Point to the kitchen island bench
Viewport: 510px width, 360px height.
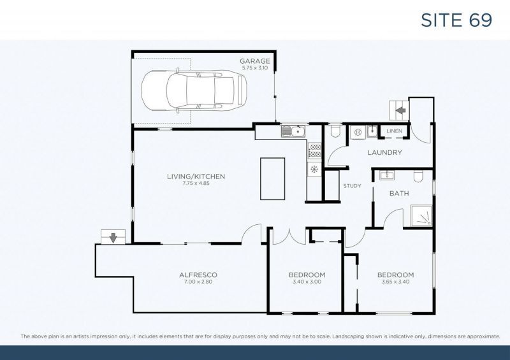pyautogui.click(x=272, y=178)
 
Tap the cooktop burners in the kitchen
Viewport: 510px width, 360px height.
pyautogui.click(x=314, y=151)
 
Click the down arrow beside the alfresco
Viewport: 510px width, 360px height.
pyautogui.click(x=113, y=238)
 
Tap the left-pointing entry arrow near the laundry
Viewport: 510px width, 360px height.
pyautogui.click(x=401, y=110)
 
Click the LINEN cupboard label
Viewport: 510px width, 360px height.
pyautogui.click(x=394, y=132)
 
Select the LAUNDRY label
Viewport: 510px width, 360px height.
pyautogui.click(x=384, y=152)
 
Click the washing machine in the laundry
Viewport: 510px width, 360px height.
pyautogui.click(x=358, y=133)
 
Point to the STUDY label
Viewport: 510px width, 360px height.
pyautogui.click(x=352, y=186)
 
